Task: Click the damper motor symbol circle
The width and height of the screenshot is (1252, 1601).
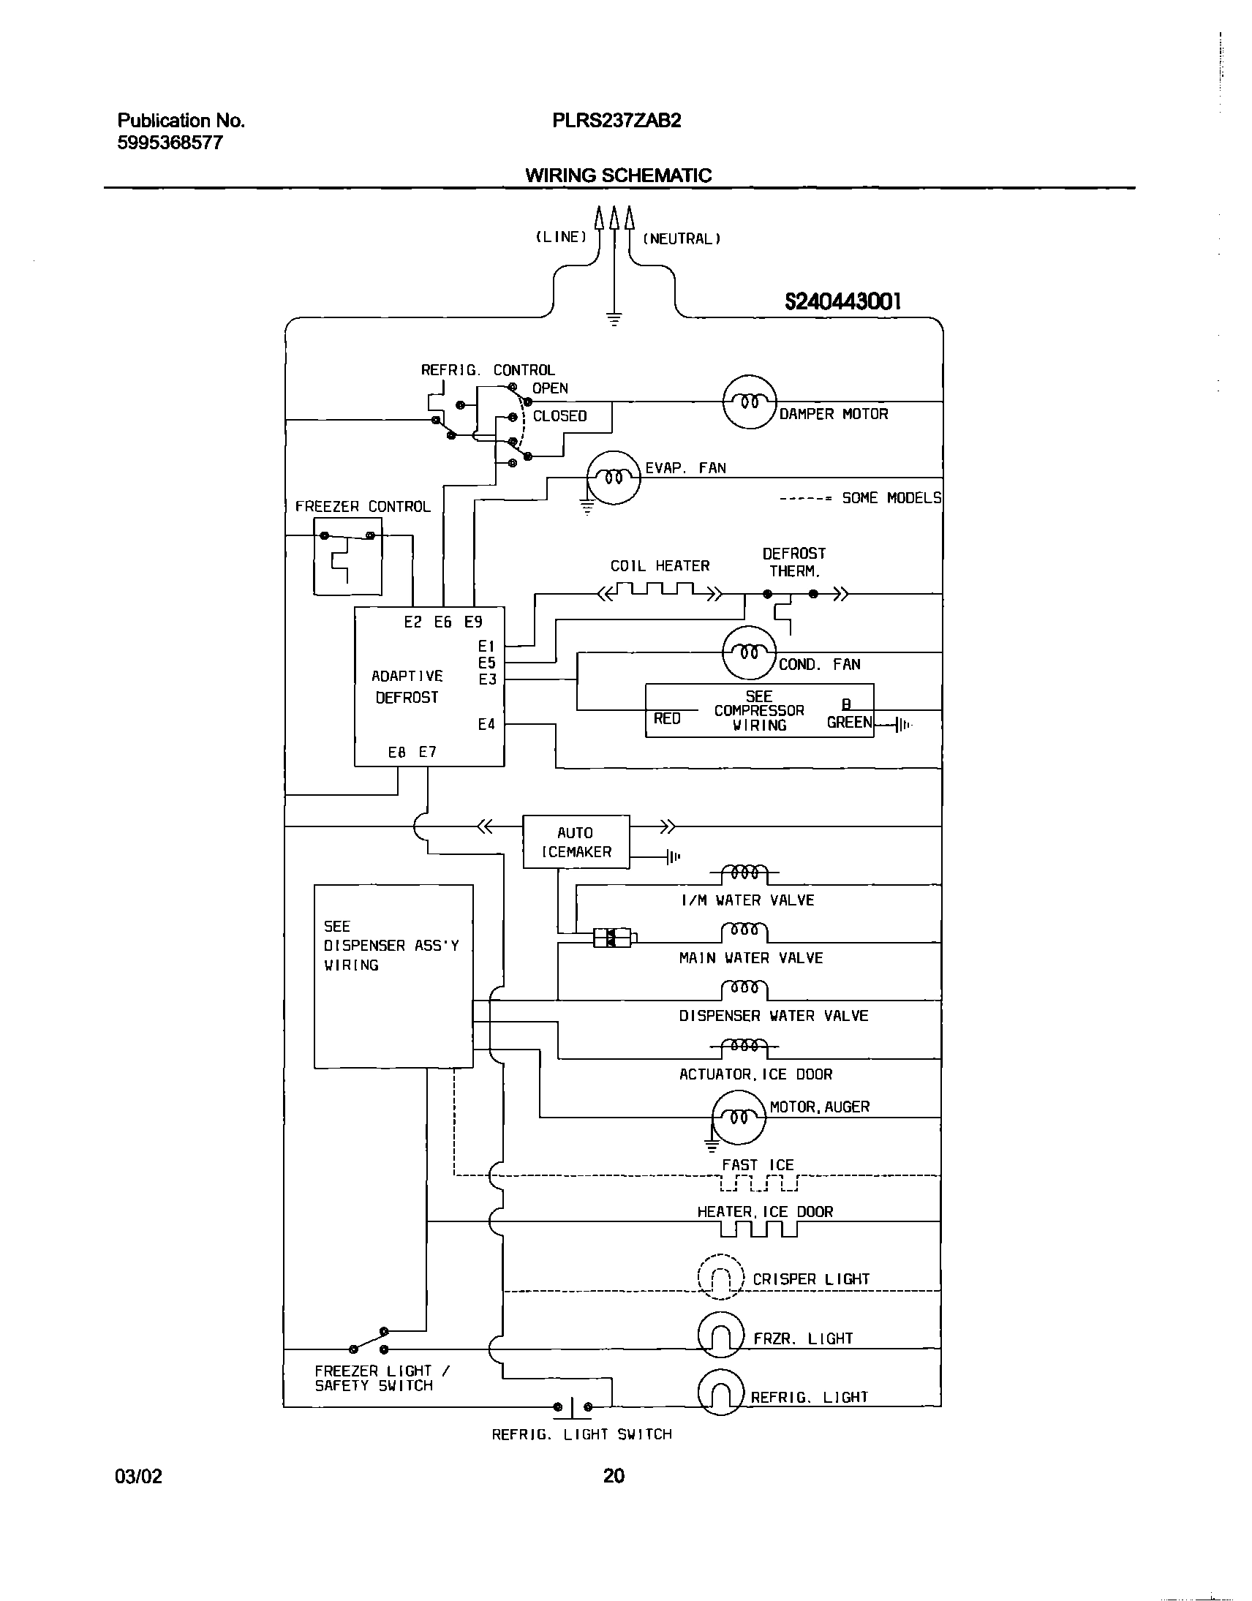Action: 749,402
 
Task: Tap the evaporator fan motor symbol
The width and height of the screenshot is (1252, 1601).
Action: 614,477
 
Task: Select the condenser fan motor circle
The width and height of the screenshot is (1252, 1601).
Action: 748,652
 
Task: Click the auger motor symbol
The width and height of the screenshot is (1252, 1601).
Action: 738,1117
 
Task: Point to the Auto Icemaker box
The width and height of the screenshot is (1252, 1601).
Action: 576,842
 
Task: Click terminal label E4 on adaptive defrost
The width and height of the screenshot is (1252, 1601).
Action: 487,724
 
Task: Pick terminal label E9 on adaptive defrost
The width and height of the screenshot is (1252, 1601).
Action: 474,622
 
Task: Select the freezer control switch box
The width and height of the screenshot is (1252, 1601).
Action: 347,557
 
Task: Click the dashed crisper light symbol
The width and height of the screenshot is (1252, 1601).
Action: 720,1278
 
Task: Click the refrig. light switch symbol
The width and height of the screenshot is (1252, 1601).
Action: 573,1406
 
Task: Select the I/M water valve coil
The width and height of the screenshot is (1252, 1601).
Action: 744,875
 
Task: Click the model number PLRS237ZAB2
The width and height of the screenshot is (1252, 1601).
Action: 616,121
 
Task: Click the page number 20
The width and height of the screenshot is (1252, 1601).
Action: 614,1475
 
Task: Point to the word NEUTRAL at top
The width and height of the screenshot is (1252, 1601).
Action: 682,238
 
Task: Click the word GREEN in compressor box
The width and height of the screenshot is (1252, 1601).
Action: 849,722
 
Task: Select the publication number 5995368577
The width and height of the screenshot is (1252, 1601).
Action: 170,143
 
